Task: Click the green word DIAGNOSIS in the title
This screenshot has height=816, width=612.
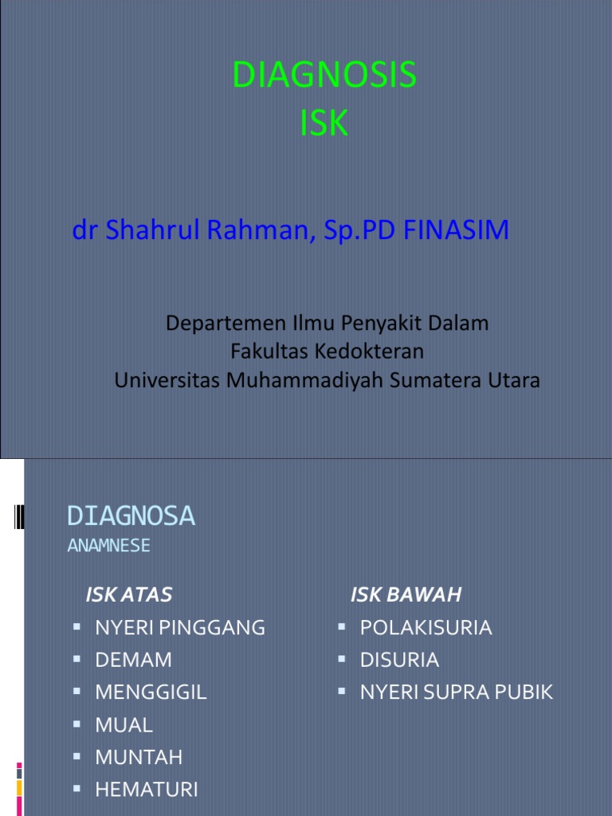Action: click(324, 76)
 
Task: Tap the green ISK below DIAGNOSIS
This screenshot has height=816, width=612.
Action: click(324, 124)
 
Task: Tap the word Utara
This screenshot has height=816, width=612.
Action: click(513, 380)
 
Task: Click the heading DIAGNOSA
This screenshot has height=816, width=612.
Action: click(131, 516)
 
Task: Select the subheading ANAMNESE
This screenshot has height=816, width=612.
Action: click(108, 546)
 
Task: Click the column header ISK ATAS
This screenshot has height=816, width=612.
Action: click(129, 594)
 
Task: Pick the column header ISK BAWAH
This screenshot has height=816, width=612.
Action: click(406, 594)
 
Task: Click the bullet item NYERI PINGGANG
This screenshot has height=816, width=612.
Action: click(180, 628)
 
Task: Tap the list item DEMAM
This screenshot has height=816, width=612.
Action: click(133, 660)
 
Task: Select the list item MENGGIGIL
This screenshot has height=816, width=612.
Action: click(151, 692)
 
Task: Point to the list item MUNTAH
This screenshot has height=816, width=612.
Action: click(139, 757)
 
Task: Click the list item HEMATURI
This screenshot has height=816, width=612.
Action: click(146, 790)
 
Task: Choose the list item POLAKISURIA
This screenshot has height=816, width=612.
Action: click(426, 628)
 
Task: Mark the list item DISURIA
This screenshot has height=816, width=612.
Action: click(399, 660)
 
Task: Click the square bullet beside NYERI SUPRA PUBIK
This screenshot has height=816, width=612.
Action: click(341, 692)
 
